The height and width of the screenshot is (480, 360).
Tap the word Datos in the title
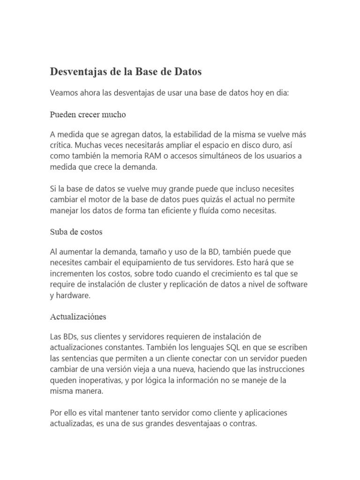187,72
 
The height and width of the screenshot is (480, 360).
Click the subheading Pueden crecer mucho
88,114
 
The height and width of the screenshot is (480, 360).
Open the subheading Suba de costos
76,232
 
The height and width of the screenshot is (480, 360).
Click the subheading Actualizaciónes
78,316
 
